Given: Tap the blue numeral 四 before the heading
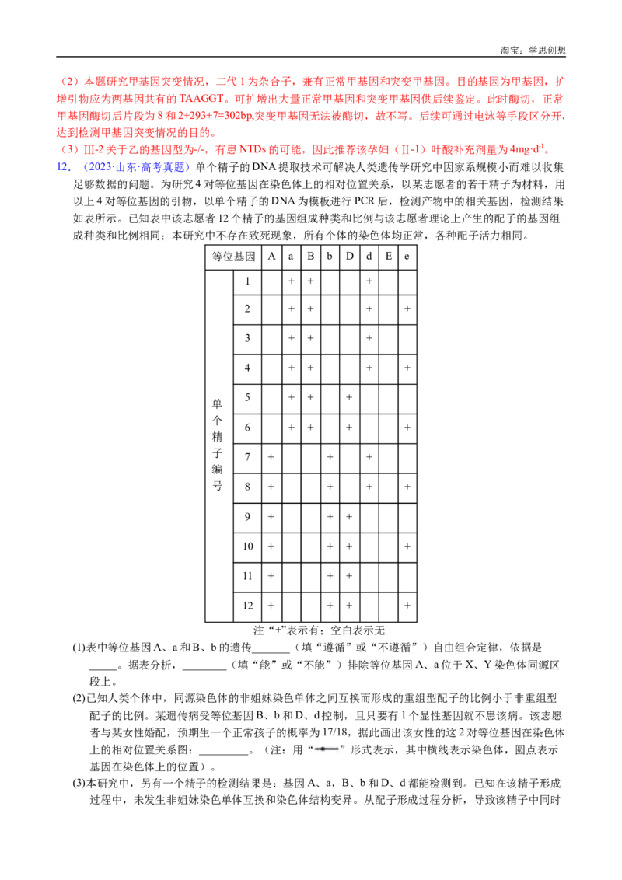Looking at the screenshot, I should tap(61, 167).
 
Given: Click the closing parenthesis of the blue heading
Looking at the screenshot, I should tap(189, 167).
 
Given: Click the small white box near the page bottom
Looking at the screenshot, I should tap(327, 749).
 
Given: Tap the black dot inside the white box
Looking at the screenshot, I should tap(323, 749).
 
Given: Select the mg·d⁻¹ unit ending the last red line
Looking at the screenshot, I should tap(536, 149).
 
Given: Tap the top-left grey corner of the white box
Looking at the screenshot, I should tap(313, 742).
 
